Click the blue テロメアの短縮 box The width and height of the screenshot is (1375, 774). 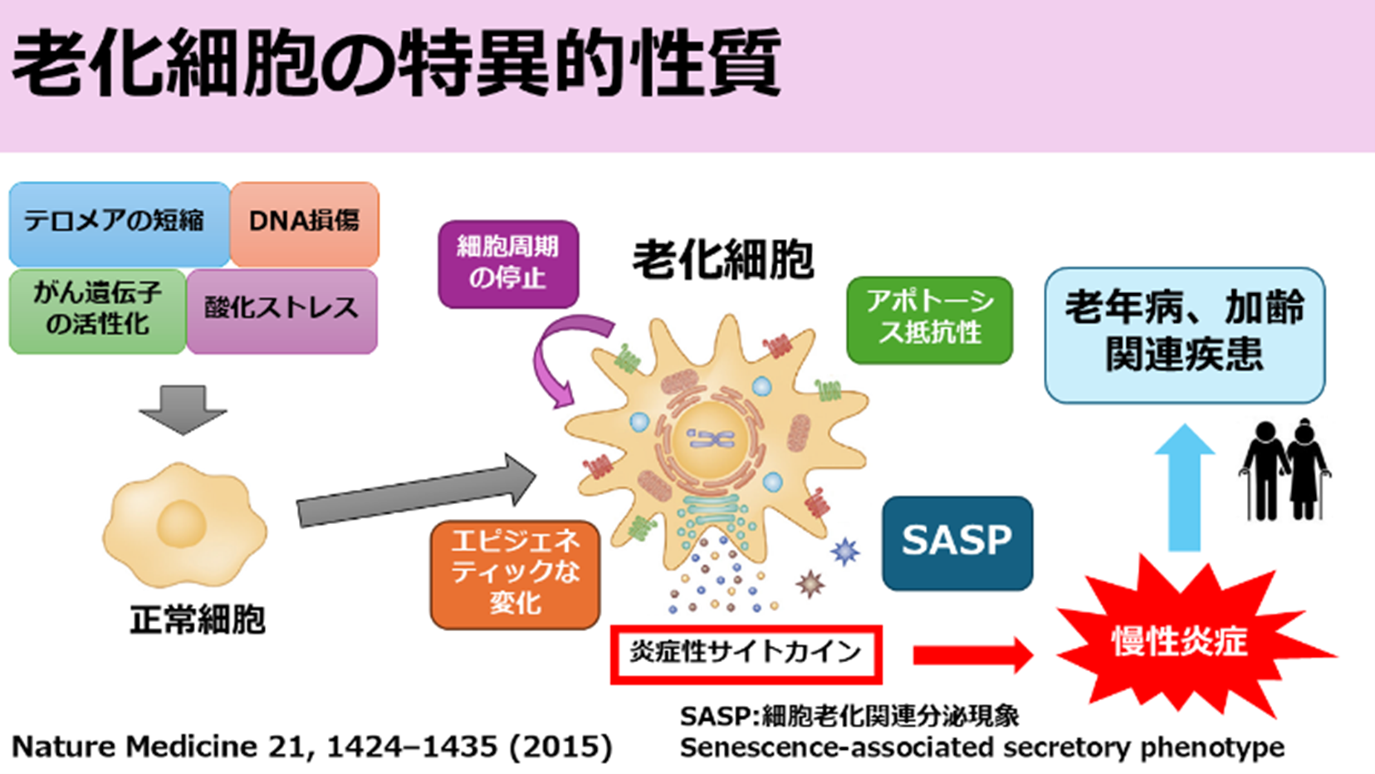(x=119, y=223)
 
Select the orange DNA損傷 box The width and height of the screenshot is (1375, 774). (x=304, y=223)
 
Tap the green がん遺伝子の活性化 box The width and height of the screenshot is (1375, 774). (x=97, y=309)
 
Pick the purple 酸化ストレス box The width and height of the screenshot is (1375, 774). (x=281, y=309)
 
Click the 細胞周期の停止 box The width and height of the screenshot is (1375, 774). (x=508, y=263)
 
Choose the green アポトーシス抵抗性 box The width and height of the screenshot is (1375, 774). (x=929, y=319)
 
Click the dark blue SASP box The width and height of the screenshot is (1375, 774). (x=957, y=542)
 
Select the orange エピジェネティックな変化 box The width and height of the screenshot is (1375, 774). (x=515, y=573)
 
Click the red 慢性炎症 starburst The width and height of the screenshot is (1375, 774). (x=1179, y=641)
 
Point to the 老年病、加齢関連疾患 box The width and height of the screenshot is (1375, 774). (x=1184, y=333)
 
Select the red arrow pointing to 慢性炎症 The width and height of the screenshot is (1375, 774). (x=971, y=654)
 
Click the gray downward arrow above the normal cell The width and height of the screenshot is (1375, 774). (x=183, y=409)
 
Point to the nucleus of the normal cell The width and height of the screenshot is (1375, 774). (x=181, y=524)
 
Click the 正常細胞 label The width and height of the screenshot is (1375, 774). (x=198, y=620)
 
